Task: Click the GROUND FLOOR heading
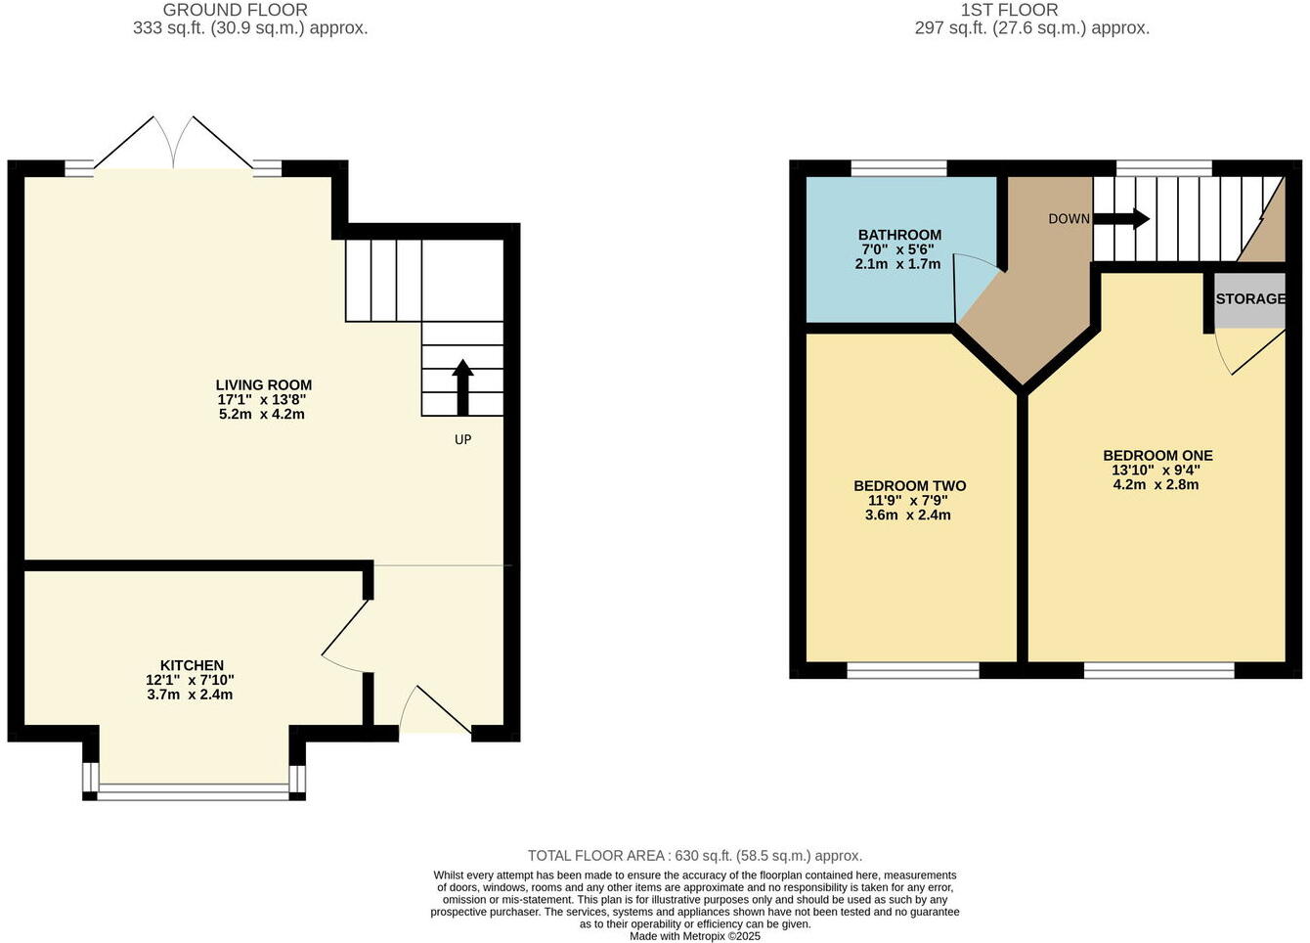point(235,10)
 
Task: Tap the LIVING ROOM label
point(264,384)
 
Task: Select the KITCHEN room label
point(192,665)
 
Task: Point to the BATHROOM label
point(899,235)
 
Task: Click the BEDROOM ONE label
point(1157,455)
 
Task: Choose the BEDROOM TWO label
point(909,485)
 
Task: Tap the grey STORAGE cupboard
point(1249,299)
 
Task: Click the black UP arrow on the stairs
point(462,387)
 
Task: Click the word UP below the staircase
point(462,439)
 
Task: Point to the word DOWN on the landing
point(1069,219)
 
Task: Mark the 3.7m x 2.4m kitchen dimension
point(192,695)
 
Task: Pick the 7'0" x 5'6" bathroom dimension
point(899,249)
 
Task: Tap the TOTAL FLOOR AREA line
point(694,856)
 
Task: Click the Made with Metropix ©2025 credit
point(694,936)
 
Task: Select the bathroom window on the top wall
point(898,168)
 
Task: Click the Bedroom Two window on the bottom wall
point(912,670)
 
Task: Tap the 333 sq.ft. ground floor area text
point(250,28)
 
